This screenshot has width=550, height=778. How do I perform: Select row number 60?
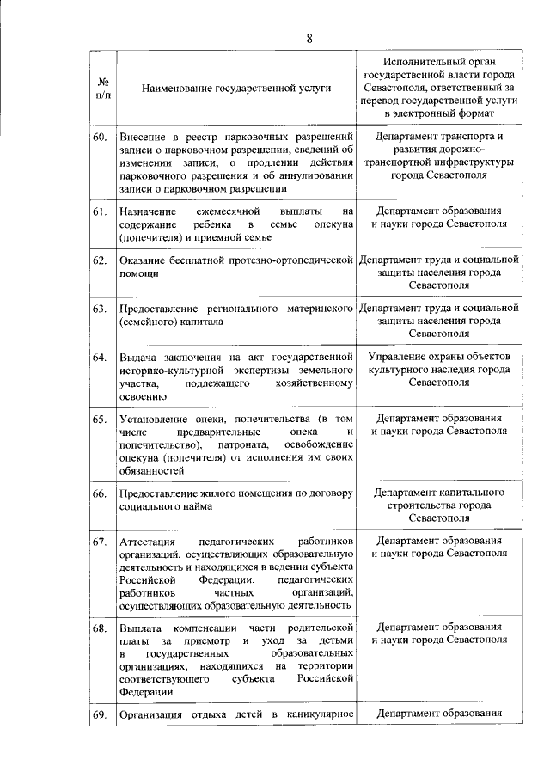click(100, 138)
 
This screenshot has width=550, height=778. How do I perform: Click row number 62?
click(100, 260)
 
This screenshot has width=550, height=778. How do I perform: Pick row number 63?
click(100, 308)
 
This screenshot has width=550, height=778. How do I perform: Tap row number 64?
click(100, 357)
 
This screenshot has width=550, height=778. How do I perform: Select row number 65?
click(100, 419)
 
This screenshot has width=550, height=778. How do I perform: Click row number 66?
click(100, 493)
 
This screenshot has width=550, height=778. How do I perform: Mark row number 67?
click(100, 542)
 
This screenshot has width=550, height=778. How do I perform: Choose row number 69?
click(100, 715)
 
